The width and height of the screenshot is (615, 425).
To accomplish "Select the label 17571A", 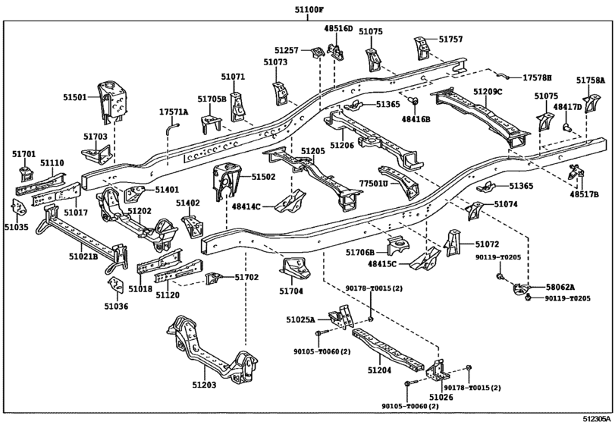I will coord(173,112).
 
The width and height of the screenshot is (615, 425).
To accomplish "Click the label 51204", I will coord(380,370).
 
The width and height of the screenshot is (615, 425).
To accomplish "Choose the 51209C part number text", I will coord(488,92).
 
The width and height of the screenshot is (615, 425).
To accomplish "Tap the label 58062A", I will coord(560,287).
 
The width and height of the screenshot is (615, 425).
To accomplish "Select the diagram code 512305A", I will coord(597,418).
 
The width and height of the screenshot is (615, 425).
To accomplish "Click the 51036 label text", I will coord(116,307).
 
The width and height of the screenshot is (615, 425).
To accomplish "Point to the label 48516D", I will coord(339,29).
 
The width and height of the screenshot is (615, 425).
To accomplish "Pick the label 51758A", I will coord(590,80).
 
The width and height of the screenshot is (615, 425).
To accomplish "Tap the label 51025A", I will coord(301,320).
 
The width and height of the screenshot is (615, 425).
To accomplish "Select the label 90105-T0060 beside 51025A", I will coord(322,351).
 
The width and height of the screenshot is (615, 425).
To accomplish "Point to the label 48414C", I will coord(246,206).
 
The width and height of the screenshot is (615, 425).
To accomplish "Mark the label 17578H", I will coord(538,78).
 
